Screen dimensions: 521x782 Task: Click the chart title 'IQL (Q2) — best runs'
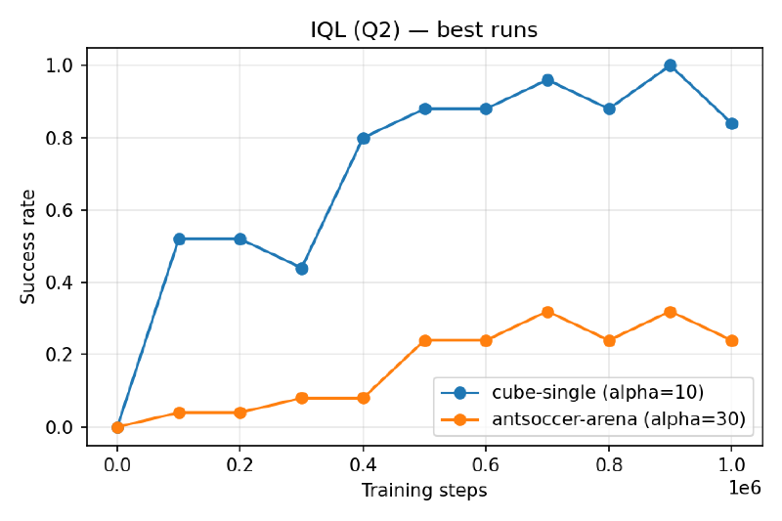point(423,30)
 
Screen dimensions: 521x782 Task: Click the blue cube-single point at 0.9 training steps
point(670,65)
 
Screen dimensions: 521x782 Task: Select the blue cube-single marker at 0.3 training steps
point(302,268)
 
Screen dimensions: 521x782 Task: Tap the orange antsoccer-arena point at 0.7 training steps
point(547,312)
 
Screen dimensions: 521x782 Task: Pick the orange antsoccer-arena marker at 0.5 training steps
point(425,340)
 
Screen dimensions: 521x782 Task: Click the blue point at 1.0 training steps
point(731,123)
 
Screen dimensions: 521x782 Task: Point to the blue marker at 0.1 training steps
point(179,239)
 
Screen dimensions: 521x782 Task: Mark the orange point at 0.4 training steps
point(364,398)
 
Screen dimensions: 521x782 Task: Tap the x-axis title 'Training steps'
point(423,491)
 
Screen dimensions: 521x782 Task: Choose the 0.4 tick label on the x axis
point(364,466)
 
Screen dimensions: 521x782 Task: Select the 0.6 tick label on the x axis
point(486,466)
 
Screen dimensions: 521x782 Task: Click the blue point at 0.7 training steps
point(547,80)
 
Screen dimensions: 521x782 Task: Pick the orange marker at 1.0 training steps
point(731,340)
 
